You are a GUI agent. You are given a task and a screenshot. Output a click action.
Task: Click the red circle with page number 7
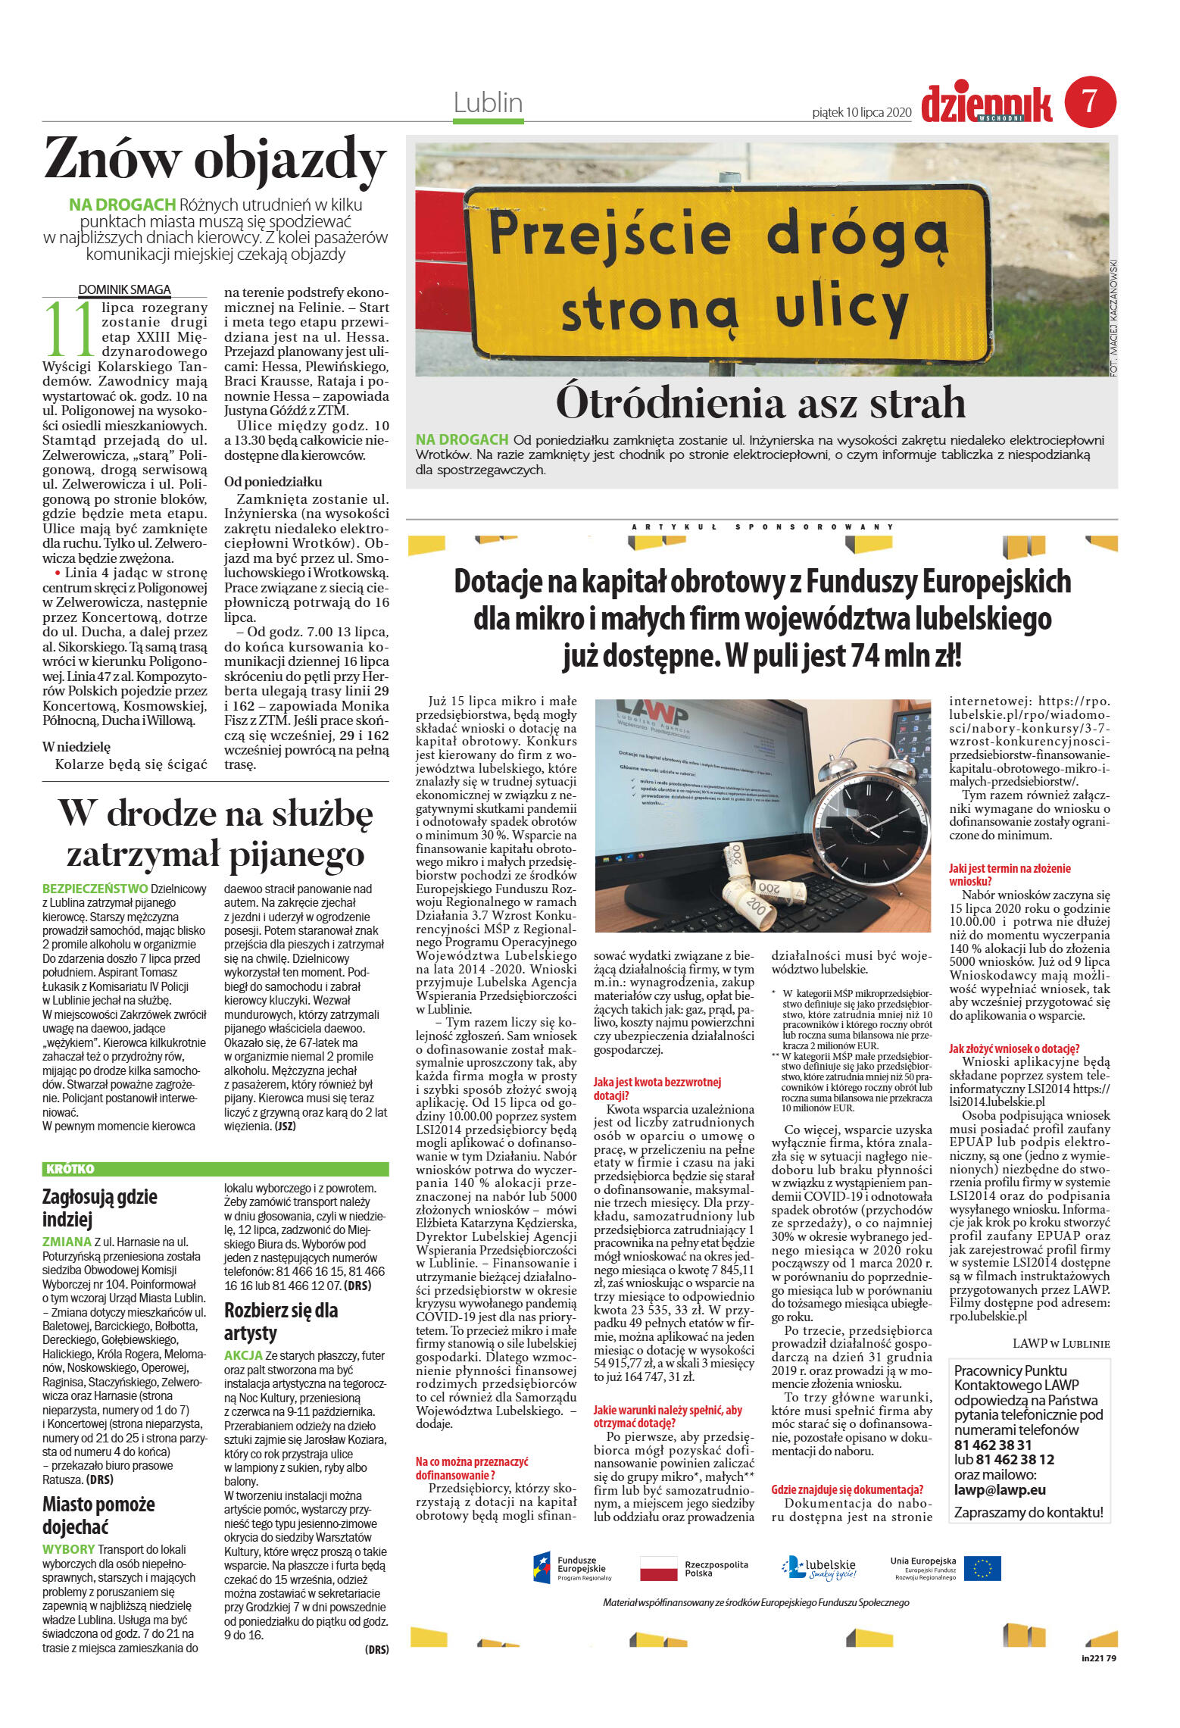1090,102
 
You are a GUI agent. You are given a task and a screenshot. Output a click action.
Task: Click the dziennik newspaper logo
986,104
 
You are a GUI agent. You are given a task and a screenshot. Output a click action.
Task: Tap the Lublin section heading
488,102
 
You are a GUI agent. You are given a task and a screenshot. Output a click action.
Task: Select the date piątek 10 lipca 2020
860,112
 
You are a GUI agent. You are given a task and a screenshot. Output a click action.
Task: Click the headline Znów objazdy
215,160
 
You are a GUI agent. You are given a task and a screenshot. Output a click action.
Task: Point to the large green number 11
70,330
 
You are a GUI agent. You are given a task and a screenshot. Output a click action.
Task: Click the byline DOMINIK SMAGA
124,289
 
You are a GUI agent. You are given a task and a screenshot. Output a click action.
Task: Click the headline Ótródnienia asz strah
760,402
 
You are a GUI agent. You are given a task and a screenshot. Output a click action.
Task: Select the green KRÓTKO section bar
215,1169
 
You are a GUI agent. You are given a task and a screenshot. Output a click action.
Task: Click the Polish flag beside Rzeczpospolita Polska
658,1568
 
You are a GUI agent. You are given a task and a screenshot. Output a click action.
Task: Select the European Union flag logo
982,1568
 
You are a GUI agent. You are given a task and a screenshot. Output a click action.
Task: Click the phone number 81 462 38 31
992,1445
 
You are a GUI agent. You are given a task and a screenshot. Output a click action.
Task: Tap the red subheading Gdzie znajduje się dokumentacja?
846,1489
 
